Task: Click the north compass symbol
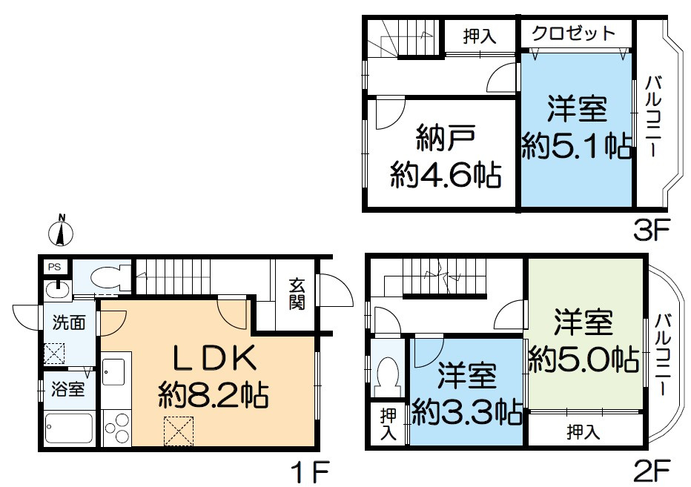click(x=62, y=231)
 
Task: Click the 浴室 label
click(x=67, y=389)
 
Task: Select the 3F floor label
click(x=652, y=229)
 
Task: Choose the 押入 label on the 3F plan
click(x=479, y=35)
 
